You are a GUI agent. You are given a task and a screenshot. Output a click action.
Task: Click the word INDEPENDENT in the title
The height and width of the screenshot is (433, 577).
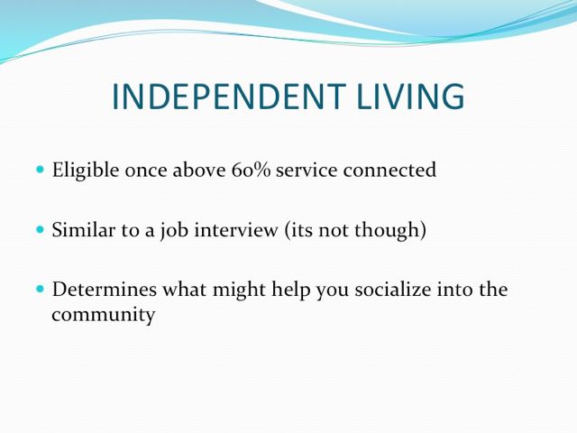pyautogui.click(x=228, y=97)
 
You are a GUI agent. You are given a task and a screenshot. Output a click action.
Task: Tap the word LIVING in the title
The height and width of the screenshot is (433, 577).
pyautogui.click(x=411, y=97)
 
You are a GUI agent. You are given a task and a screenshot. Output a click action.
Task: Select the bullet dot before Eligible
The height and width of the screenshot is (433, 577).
pyautogui.click(x=40, y=170)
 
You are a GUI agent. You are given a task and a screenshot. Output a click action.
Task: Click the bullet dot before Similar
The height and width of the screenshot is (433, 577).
pyautogui.click(x=40, y=230)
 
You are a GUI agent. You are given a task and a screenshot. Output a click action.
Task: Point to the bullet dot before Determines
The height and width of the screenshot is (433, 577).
pyautogui.click(x=40, y=289)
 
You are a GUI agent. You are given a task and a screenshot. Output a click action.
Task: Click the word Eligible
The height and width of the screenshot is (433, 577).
pyautogui.click(x=86, y=170)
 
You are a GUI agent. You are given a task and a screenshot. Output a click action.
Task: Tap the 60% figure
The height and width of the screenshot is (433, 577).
pyautogui.click(x=251, y=170)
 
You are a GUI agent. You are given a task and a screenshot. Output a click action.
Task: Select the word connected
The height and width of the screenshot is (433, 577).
pyautogui.click(x=389, y=170)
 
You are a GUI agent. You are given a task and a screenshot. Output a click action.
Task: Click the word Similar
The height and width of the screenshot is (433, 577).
pyautogui.click(x=84, y=230)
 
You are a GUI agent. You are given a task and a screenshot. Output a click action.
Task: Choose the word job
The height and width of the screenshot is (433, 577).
pyautogui.click(x=174, y=231)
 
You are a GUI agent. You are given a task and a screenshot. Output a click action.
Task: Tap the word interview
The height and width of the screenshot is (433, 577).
pyautogui.click(x=236, y=230)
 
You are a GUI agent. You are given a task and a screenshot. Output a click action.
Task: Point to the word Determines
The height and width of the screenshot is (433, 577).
pyautogui.click(x=105, y=289)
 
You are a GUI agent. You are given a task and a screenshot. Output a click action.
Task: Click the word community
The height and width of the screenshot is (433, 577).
pyautogui.click(x=104, y=316)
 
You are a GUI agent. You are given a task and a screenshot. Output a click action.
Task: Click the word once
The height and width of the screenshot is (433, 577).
pyautogui.click(x=146, y=171)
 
